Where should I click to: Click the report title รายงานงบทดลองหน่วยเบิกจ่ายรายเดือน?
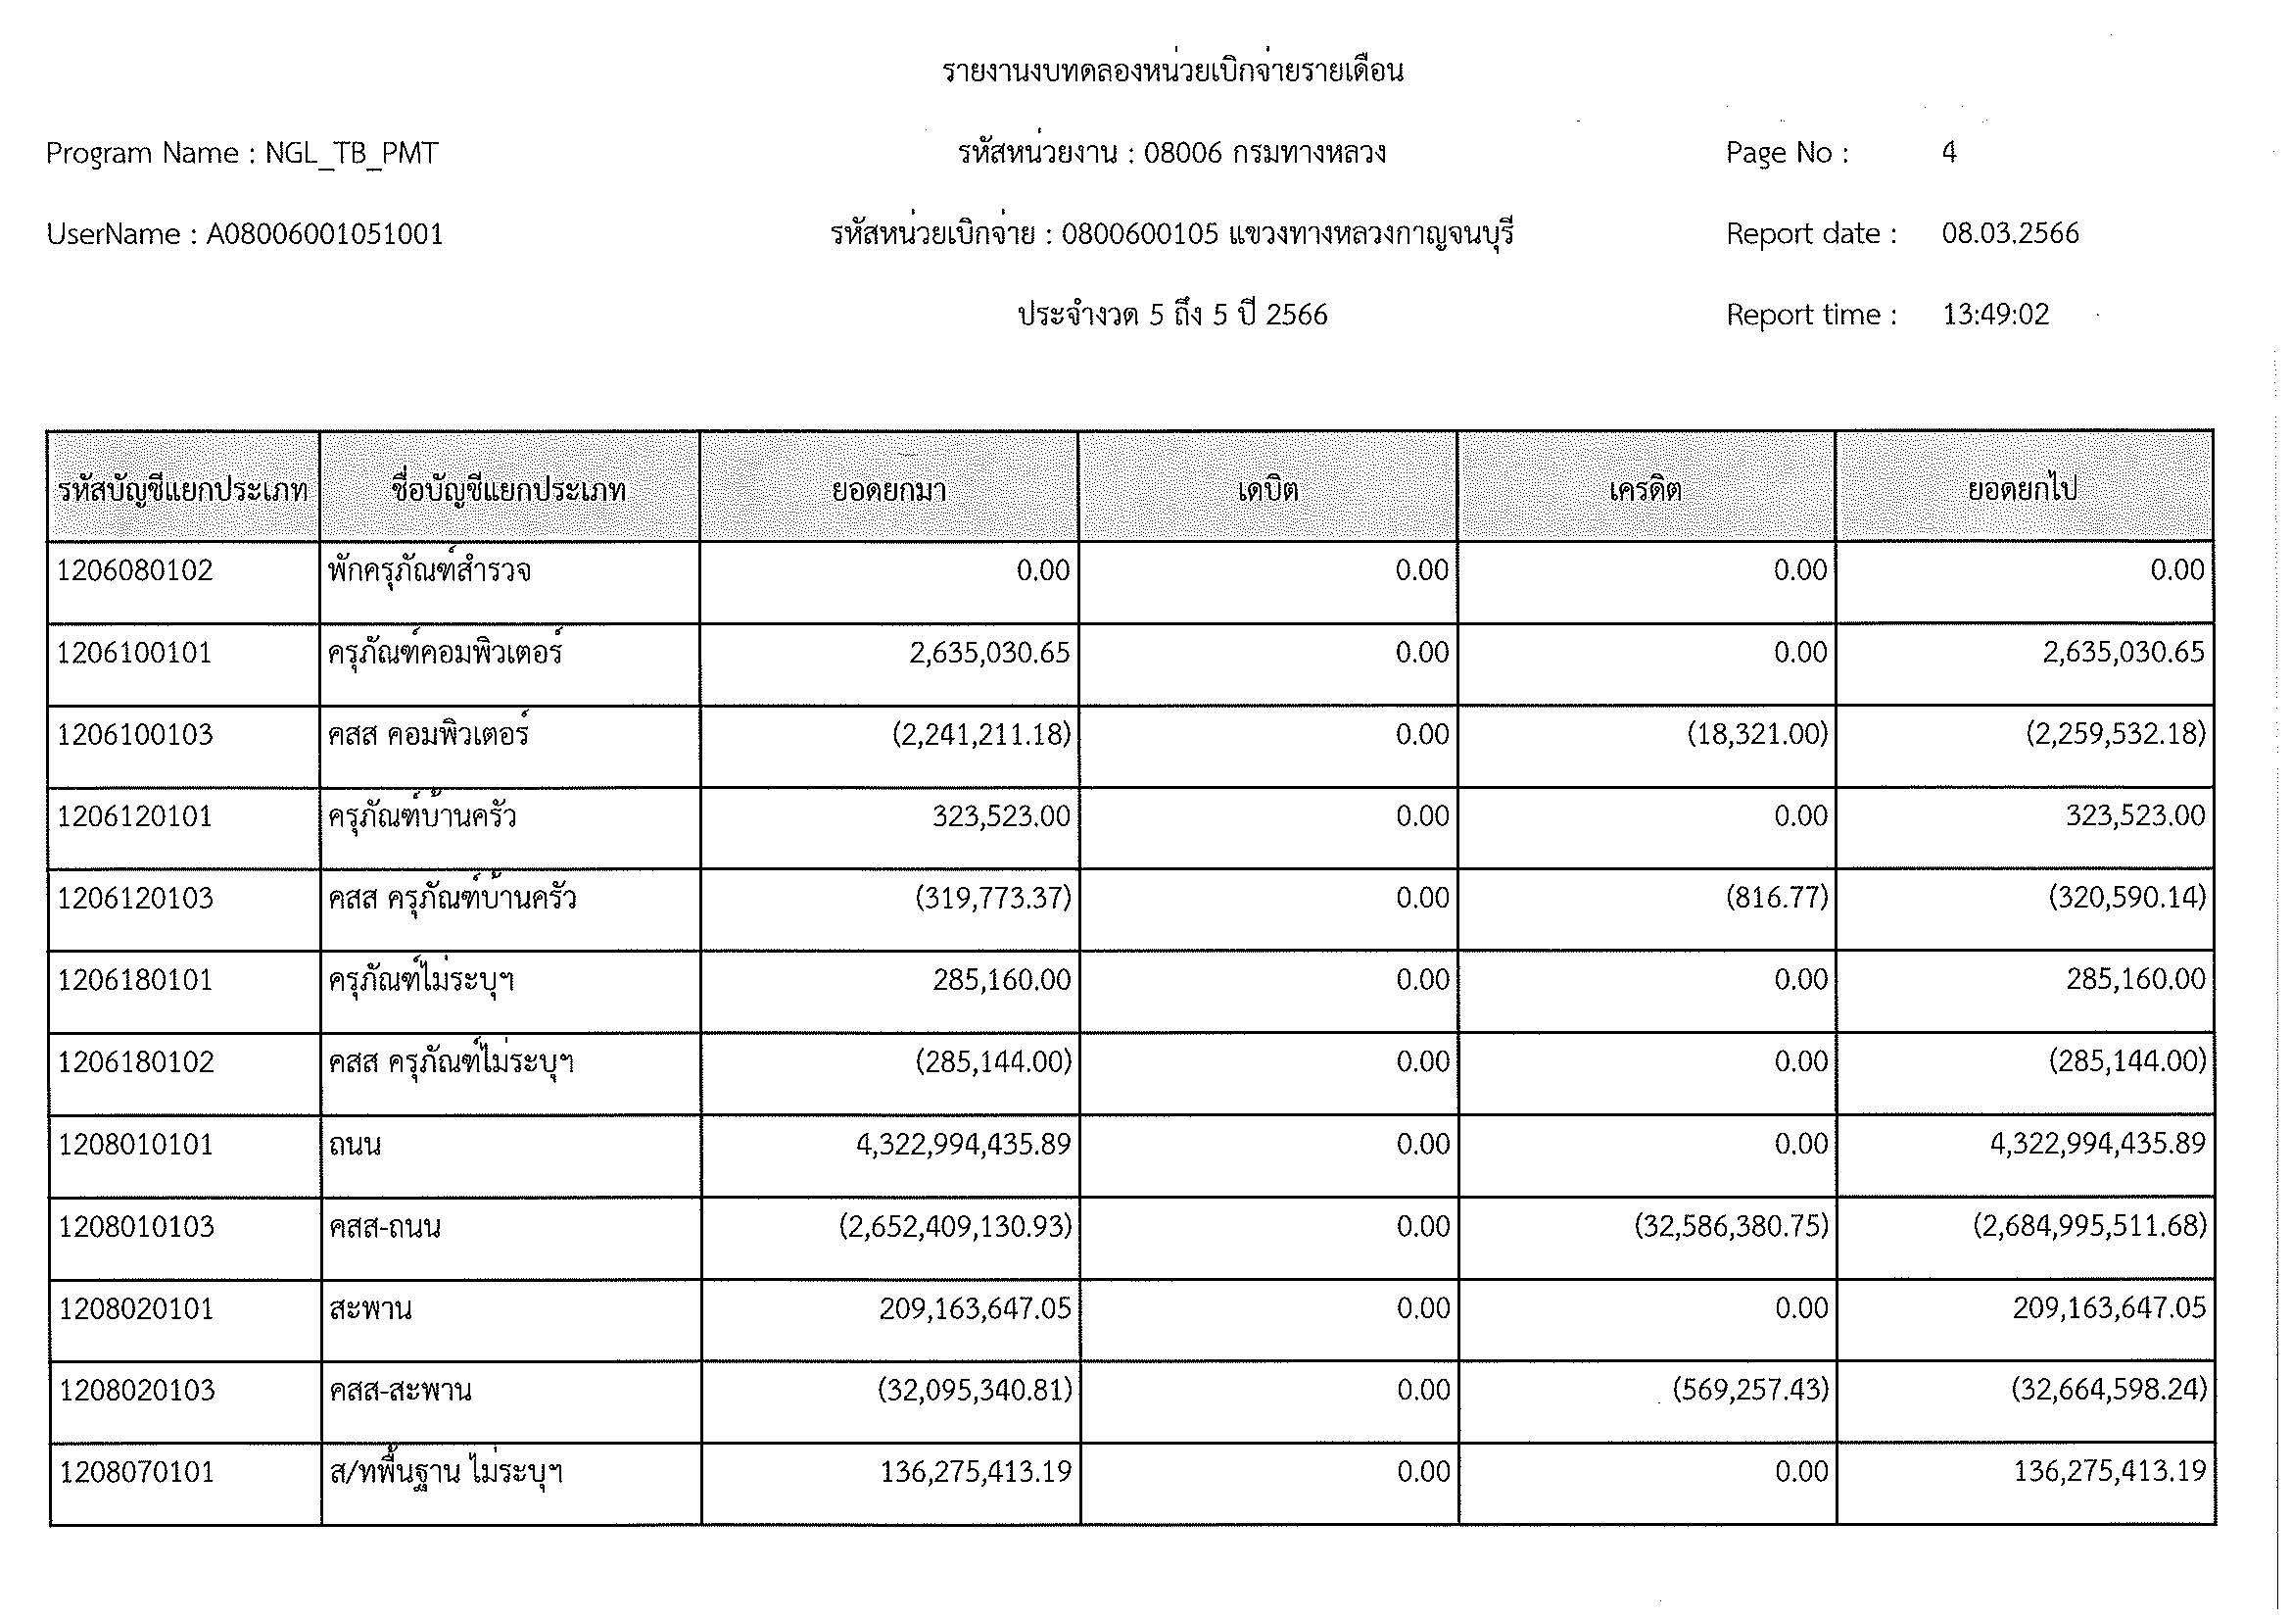[x=1172, y=72]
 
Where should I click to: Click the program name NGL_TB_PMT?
[x=352, y=154]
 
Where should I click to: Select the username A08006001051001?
[x=324, y=234]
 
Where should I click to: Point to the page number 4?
[x=1949, y=153]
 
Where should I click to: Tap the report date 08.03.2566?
[x=2010, y=233]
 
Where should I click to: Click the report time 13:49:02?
[x=1994, y=315]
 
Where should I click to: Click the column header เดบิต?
[x=1267, y=490]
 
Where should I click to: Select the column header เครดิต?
[x=1646, y=490]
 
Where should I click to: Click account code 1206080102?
[x=136, y=571]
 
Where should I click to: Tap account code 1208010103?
[x=137, y=1226]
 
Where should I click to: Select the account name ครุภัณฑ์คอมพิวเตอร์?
[x=445, y=653]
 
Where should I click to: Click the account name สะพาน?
[x=370, y=1307]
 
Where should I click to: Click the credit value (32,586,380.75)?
[x=1731, y=1226]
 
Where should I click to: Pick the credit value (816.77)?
[x=1777, y=899]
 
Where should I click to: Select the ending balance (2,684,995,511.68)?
[x=2089, y=1226]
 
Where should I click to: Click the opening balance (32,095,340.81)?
[x=974, y=1390]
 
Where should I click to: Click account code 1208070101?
[x=137, y=1472]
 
